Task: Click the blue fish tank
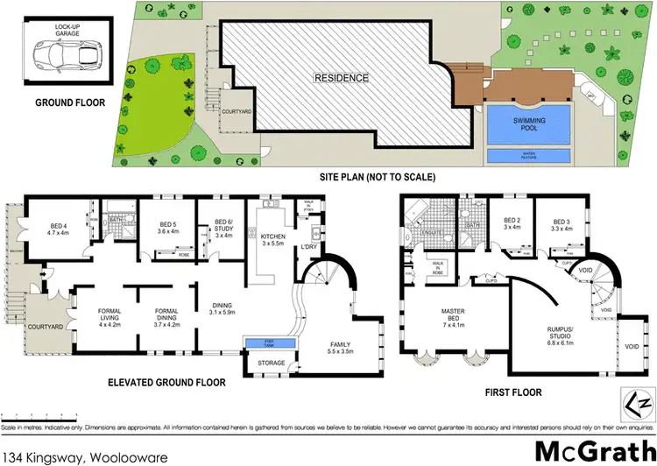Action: [271, 342]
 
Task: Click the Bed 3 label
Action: [556, 223]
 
